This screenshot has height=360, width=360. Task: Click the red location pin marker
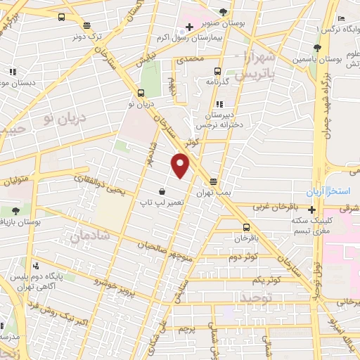click(x=181, y=165)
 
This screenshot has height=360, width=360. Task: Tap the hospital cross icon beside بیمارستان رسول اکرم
click(x=188, y=28)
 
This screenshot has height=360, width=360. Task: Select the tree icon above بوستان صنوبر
click(x=224, y=11)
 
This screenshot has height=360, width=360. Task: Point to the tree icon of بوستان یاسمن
click(x=317, y=48)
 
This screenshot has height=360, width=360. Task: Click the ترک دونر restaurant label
click(x=89, y=35)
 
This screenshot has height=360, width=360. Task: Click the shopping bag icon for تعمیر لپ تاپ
click(x=162, y=191)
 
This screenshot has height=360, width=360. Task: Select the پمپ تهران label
click(x=214, y=191)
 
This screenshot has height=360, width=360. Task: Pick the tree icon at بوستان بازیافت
click(x=15, y=210)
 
